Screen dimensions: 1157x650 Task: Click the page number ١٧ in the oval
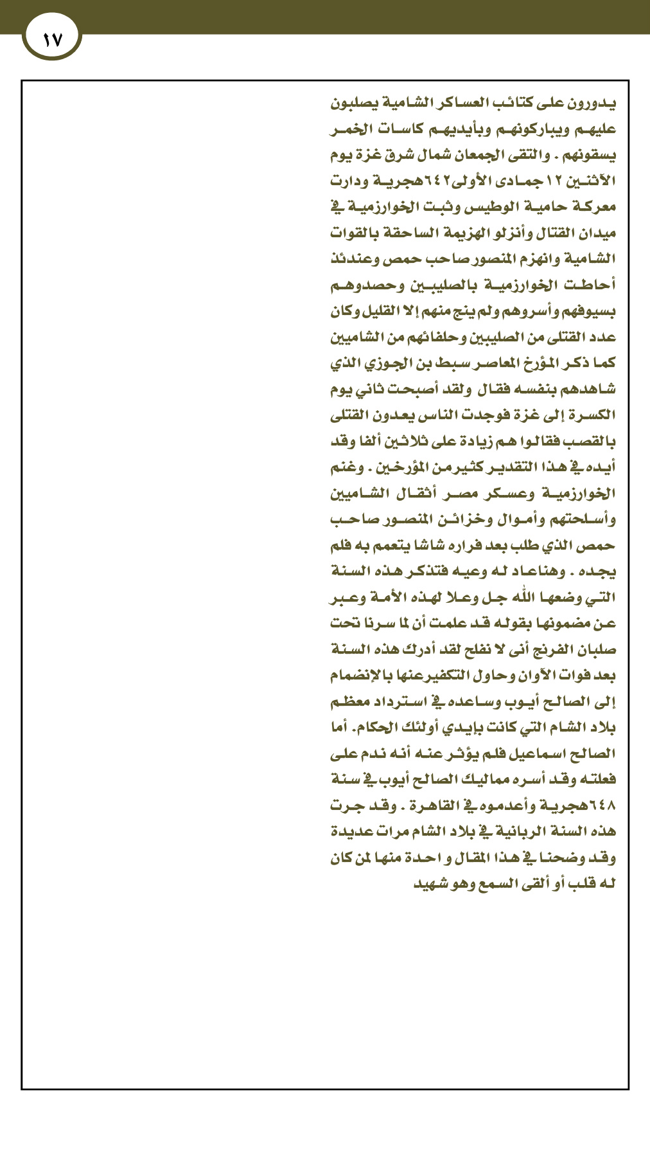52,40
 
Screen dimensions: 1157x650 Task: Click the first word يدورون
594,103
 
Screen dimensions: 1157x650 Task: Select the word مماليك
485,779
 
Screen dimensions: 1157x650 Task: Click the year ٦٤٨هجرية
584,805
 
